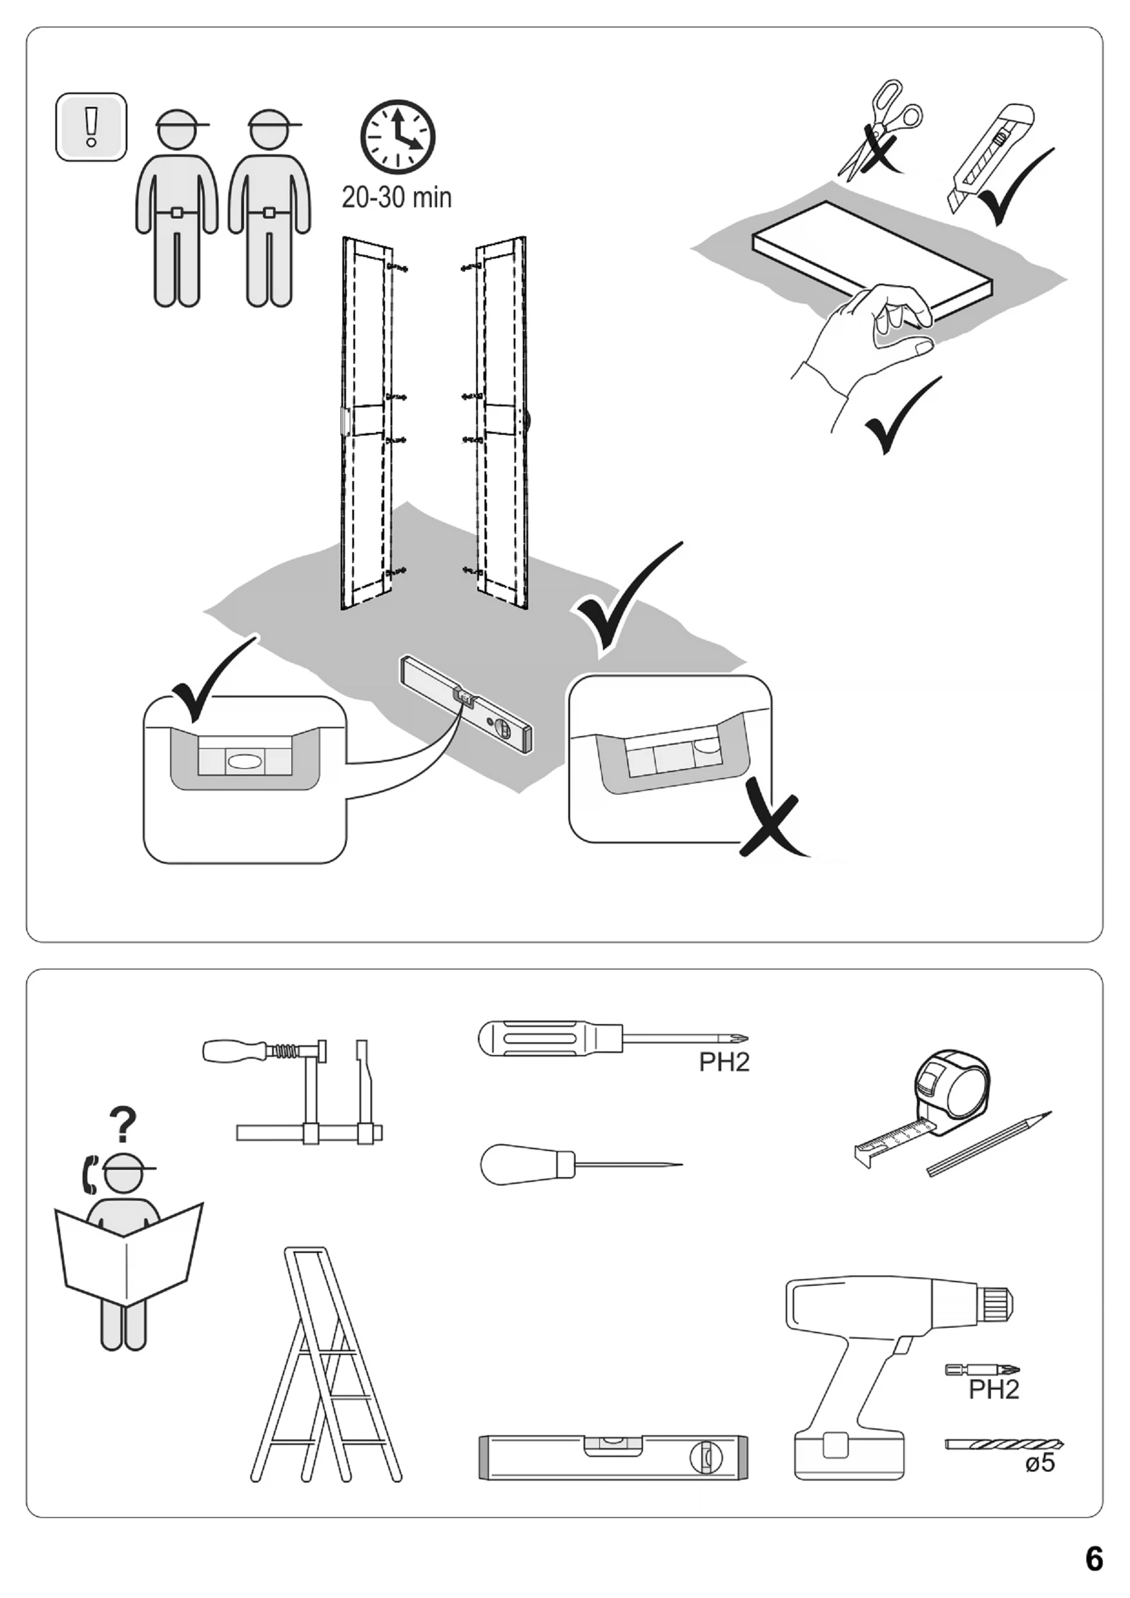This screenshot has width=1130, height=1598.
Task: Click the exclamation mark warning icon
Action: [91, 127]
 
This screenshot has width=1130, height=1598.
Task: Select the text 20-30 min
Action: [396, 197]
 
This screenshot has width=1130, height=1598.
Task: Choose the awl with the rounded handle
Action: [577, 1164]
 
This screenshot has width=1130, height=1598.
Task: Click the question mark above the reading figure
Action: [123, 1125]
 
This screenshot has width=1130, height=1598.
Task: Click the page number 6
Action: [1094, 1559]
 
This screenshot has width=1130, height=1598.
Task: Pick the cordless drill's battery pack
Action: [849, 1453]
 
